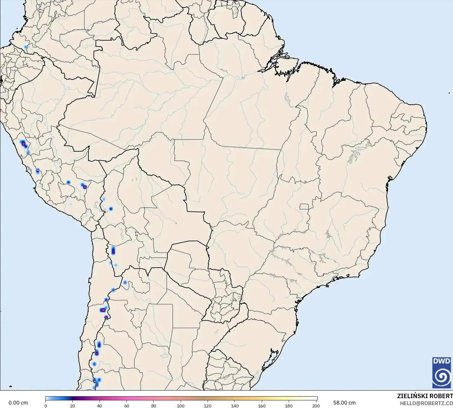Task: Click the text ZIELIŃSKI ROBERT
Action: [425, 396]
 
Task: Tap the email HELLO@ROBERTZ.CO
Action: [426, 403]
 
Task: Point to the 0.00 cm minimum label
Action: [18, 403]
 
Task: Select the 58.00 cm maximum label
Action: [344, 403]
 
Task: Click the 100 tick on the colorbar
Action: [181, 406]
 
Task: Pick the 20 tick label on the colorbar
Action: [73, 406]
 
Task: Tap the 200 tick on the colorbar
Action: [316, 406]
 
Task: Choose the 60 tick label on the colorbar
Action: [126, 406]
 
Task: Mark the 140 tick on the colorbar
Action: [235, 406]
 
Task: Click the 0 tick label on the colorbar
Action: [46, 406]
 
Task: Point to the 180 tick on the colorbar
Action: [289, 406]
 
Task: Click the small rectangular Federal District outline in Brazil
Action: [304, 207]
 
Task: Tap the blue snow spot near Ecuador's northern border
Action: [26, 47]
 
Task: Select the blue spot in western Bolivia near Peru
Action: [111, 209]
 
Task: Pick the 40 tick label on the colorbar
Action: [100, 406]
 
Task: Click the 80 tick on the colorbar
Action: [154, 406]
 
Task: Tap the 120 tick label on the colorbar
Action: [208, 406]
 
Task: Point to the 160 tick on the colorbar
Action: [262, 406]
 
